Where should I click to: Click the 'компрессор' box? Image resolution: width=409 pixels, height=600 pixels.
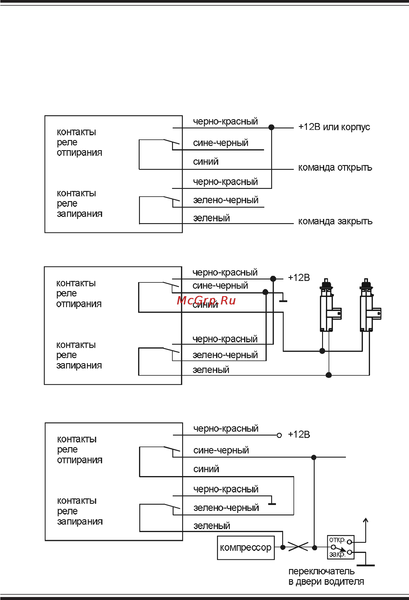[x=246, y=548]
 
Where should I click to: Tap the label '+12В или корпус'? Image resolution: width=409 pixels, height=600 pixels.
[x=334, y=127]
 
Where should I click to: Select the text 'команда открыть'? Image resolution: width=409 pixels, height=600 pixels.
[x=335, y=168]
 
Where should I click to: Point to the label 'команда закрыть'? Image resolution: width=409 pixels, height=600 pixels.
[x=335, y=221]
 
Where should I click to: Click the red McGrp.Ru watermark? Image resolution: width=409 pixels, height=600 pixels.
[x=206, y=301]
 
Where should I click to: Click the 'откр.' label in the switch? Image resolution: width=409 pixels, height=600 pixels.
[x=337, y=540]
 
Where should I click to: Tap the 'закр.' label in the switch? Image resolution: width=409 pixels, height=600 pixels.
[x=337, y=555]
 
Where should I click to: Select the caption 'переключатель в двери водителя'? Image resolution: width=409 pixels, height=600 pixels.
[x=326, y=576]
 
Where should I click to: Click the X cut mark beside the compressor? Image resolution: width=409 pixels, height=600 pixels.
[x=298, y=547]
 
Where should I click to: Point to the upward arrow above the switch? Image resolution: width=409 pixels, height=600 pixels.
[x=366, y=521]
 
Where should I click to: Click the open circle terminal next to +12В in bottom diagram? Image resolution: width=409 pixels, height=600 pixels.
[x=279, y=435]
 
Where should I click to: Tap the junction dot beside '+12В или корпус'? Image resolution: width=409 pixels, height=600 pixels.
[x=271, y=127]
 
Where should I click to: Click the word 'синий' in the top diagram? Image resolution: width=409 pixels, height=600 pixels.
[x=206, y=162]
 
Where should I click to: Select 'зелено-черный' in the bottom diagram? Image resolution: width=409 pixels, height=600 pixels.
[x=226, y=508]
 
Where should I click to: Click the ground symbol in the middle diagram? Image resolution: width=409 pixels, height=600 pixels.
[x=283, y=301]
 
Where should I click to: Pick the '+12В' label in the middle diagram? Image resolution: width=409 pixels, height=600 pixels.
[x=299, y=278]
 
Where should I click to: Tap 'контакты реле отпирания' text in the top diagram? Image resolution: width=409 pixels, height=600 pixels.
[x=79, y=142]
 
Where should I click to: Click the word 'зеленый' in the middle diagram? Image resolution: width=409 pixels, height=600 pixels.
[x=211, y=370]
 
